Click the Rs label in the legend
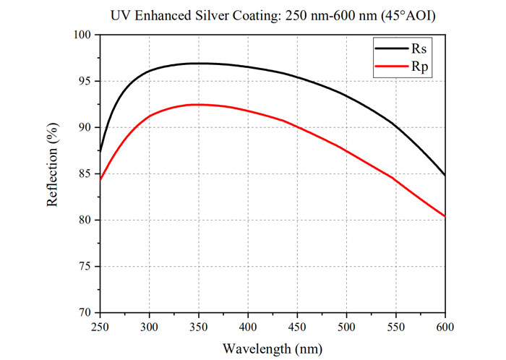pos(419,48)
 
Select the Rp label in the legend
pos(419,67)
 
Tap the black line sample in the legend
pos(392,48)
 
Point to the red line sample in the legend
pos(392,66)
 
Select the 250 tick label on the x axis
pos(100,327)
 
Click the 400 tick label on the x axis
pos(248,327)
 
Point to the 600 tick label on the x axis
pos(445,327)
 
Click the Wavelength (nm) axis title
pos(273,349)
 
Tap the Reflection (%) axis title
pos(52,165)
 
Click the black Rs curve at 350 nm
pos(199,63)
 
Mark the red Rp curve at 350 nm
pos(199,105)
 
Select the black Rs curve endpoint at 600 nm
pos(445,175)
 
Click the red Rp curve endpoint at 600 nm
pos(445,216)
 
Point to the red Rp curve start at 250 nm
pos(100,180)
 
